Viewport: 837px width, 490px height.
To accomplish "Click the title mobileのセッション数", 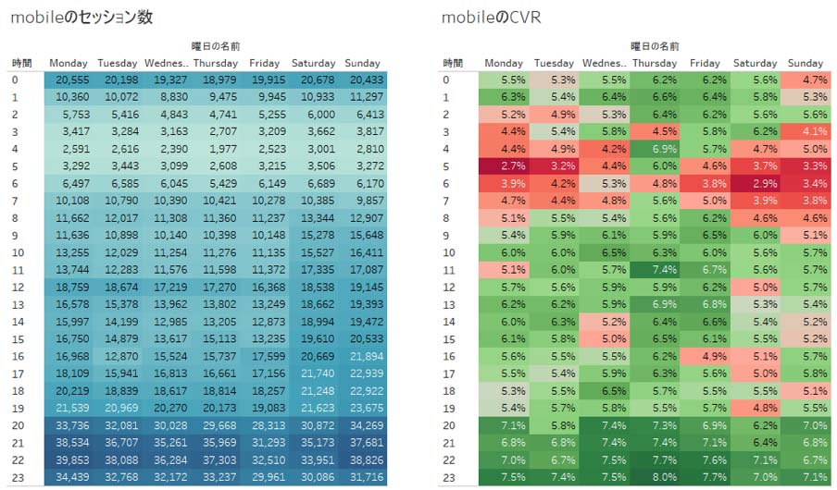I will coord(82,18).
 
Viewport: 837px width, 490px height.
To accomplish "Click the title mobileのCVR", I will coord(492,18).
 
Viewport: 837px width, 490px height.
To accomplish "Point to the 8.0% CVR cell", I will coord(654,478).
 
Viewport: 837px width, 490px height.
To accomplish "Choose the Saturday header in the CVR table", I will coord(755,63).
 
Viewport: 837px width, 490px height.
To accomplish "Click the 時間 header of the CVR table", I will coord(452,63).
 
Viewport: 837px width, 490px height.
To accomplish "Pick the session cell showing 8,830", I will coord(168,96).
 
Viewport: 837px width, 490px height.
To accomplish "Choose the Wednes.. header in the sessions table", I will coord(167,63).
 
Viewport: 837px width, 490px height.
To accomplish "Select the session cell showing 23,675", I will coord(362,408).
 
